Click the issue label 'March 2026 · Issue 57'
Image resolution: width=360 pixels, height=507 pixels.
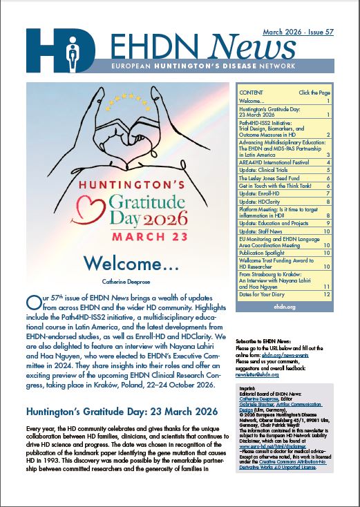click(x=297, y=32)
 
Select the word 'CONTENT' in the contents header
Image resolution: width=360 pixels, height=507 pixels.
click(x=252, y=92)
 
